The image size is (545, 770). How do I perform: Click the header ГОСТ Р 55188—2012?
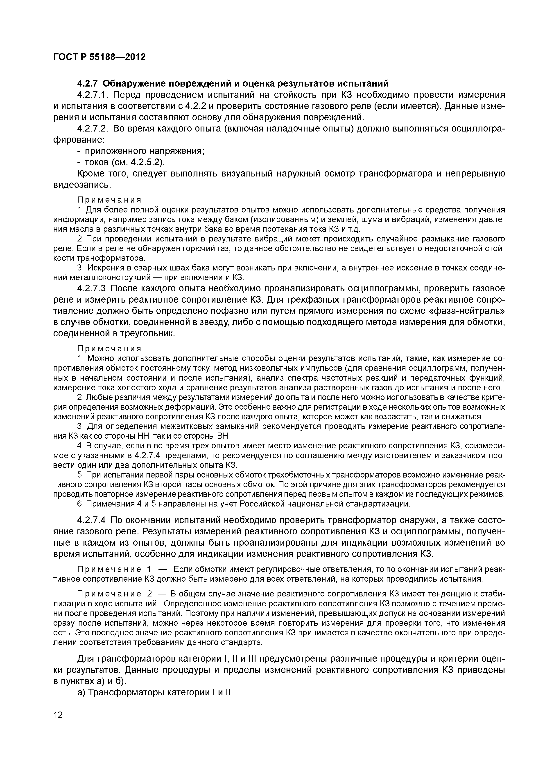[x=100, y=57]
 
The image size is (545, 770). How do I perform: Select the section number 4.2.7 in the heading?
[x=88, y=83]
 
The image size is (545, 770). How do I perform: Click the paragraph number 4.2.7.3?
[x=92, y=288]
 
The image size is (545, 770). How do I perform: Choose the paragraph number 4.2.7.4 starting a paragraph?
[x=92, y=520]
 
